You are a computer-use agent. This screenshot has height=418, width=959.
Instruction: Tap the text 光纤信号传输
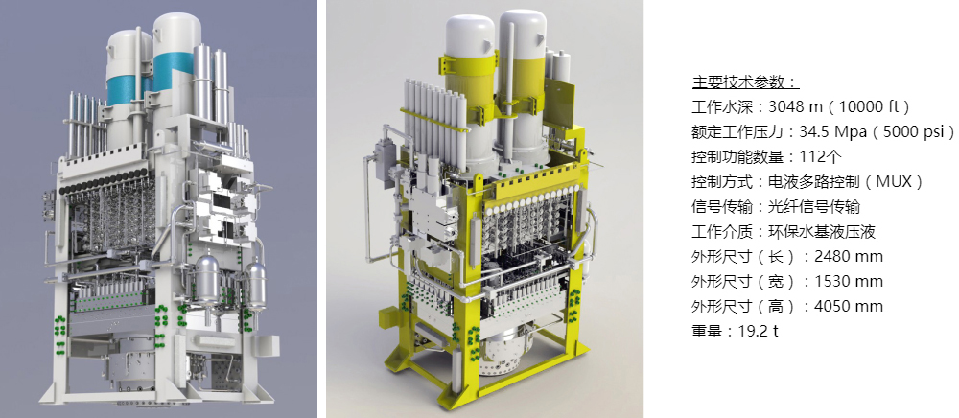click(x=814, y=207)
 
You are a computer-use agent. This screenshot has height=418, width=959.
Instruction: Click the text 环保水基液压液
click(x=822, y=232)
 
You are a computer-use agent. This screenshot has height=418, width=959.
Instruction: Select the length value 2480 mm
click(x=849, y=257)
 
